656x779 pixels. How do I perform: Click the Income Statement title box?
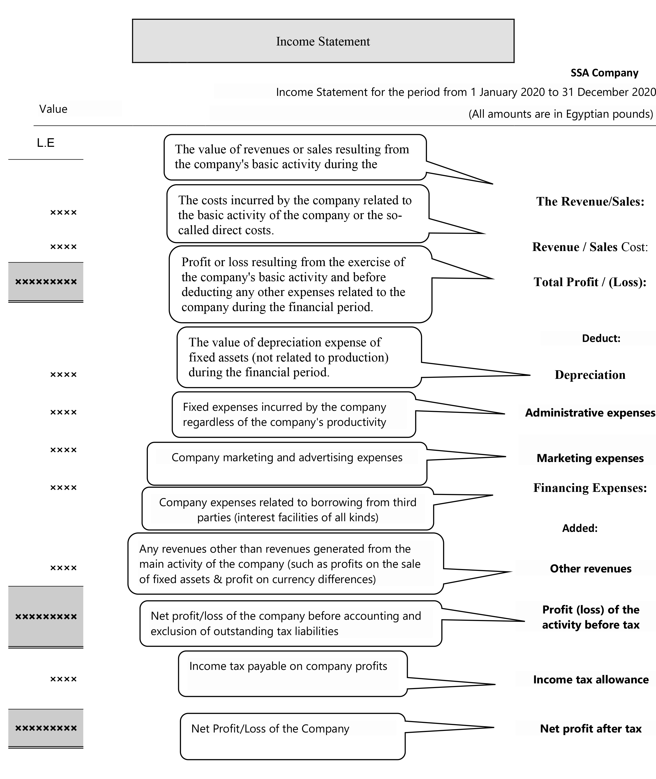coord(323,41)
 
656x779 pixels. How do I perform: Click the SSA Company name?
coord(604,73)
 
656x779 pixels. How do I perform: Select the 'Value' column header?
coord(53,109)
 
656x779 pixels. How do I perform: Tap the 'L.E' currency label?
coord(46,143)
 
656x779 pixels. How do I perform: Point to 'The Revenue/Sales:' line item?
coord(590,202)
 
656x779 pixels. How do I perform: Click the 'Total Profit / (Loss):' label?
coord(590,282)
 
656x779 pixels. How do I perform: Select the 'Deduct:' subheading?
coord(601,338)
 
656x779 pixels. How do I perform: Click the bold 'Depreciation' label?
coord(590,375)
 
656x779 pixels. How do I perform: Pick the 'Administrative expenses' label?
coord(590,413)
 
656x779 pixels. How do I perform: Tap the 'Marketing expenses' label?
coord(590,458)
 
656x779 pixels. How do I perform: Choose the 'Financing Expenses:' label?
coord(590,488)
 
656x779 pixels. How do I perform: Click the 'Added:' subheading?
coord(580,528)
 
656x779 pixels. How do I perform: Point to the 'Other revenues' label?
coord(591,569)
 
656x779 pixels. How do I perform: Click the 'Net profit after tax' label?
coord(591,728)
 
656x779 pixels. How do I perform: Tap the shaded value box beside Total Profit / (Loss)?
coord(46,282)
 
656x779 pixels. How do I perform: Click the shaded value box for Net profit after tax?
coord(46,728)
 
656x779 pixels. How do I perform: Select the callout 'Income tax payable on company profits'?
coord(293,673)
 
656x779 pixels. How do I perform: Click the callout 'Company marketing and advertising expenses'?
coord(287,463)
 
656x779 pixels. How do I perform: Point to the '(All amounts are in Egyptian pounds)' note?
coord(560,114)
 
